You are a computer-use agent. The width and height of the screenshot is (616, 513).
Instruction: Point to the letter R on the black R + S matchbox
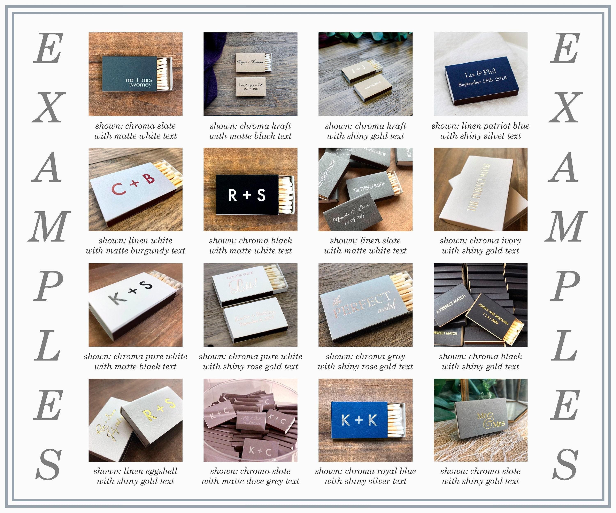pos(233,195)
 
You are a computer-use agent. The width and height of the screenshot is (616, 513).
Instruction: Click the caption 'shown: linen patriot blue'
pos(480,126)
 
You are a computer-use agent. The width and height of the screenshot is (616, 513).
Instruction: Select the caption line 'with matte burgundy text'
pos(135,251)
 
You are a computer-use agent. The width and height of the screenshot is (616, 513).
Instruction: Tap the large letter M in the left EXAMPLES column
pos(48,227)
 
